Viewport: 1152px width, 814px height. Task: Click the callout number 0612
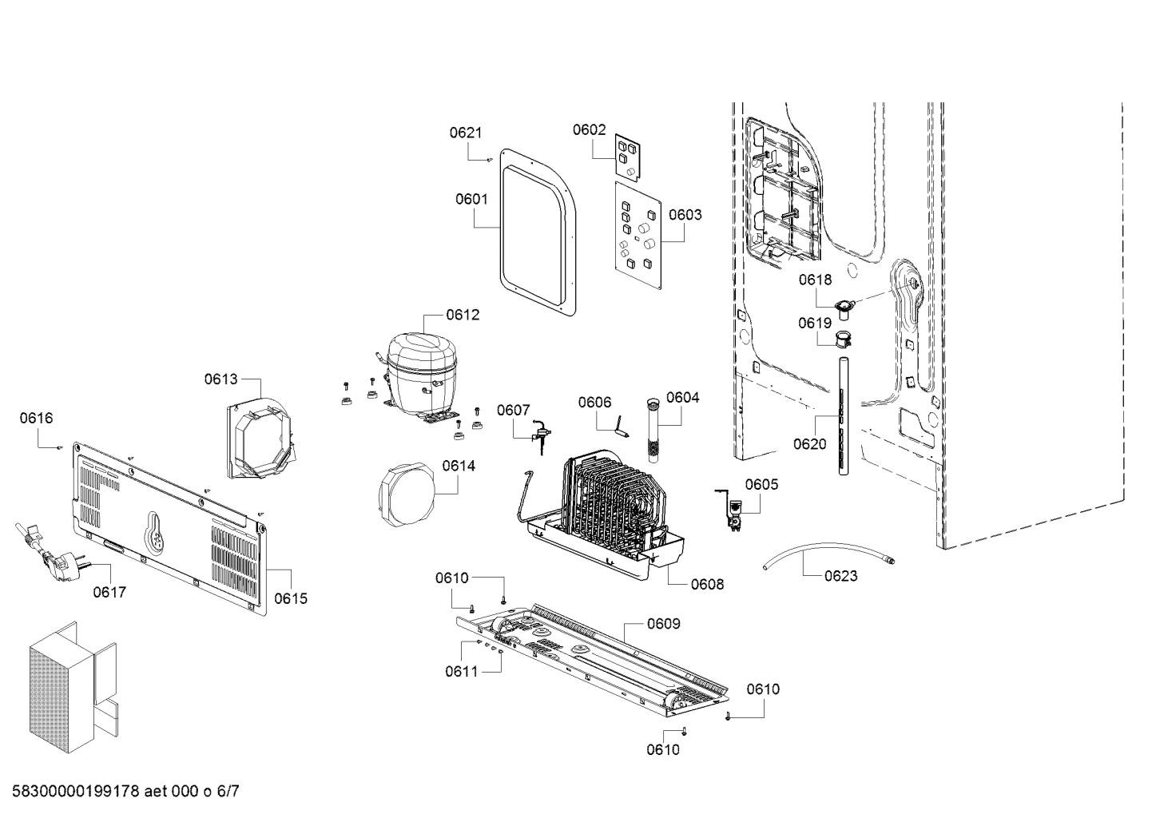click(x=463, y=314)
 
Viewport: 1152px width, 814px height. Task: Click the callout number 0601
click(x=471, y=199)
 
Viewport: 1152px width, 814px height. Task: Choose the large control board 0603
click(x=638, y=236)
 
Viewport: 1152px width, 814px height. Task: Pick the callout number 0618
click(x=815, y=280)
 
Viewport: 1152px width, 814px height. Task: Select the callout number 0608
click(x=707, y=584)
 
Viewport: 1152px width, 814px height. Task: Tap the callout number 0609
click(x=663, y=623)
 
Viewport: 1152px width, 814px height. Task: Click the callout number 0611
click(x=461, y=671)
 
